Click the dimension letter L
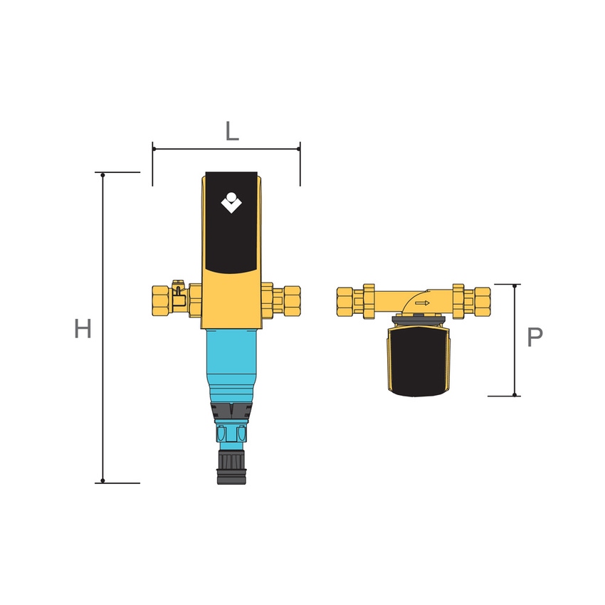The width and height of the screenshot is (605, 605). pyautogui.click(x=232, y=132)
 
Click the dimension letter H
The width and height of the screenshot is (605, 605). pyautogui.click(x=83, y=329)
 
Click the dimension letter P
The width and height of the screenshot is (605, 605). pyautogui.click(x=535, y=337)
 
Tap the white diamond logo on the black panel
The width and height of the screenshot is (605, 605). pyautogui.click(x=231, y=204)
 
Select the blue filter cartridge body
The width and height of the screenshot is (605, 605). pyautogui.click(x=231, y=363)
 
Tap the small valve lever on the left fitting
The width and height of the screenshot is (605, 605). pyautogui.click(x=177, y=288)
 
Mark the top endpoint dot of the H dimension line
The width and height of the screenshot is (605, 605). pyautogui.click(x=103, y=174)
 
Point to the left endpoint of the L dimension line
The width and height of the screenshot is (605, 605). pyautogui.click(x=153, y=149)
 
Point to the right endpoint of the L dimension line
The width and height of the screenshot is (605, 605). pyautogui.click(x=300, y=149)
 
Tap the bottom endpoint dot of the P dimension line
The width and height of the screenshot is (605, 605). pyautogui.click(x=515, y=395)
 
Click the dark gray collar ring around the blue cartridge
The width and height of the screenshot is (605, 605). pyautogui.click(x=231, y=411)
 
